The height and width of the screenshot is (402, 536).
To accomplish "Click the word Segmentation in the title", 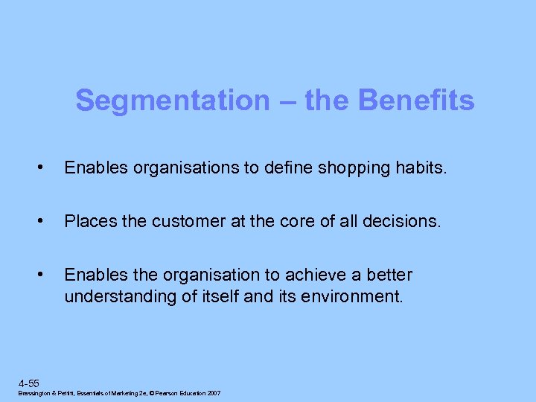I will (172, 100).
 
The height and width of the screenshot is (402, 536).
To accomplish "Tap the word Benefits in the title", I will (417, 100).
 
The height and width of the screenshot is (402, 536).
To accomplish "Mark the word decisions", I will (409, 222).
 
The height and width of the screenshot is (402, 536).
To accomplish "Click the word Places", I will (87, 222).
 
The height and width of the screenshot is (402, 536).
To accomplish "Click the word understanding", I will (119, 296).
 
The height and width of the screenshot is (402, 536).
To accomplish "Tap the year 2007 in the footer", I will (212, 393).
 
